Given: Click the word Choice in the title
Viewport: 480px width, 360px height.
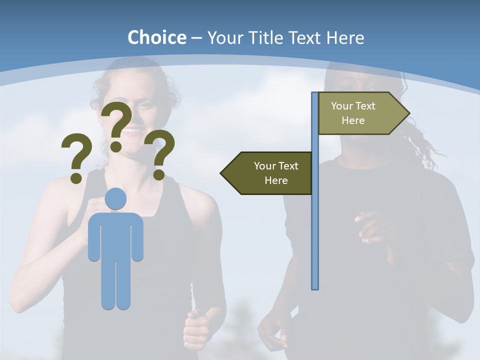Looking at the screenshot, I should click(x=156, y=38).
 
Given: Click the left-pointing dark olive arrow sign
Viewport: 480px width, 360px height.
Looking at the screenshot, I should click(x=270, y=173).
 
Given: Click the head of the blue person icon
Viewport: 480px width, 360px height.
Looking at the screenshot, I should click(x=116, y=199).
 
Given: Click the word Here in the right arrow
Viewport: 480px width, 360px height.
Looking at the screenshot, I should click(x=353, y=120).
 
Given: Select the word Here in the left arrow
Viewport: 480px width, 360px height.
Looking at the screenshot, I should click(x=276, y=180).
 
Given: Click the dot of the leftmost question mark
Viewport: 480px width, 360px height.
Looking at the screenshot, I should click(x=76, y=177).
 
